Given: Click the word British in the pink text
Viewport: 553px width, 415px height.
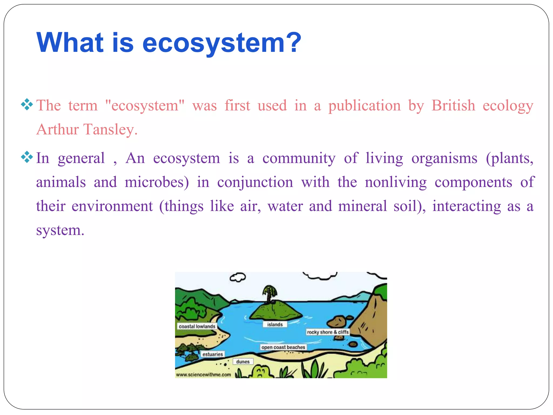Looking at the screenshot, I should coord(453,105).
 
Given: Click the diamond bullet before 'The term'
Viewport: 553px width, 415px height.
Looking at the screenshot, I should coord(27,105).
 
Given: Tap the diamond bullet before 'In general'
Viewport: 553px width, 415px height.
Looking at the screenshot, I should coord(27,157).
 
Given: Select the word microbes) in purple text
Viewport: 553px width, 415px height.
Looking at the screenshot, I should coord(157,182).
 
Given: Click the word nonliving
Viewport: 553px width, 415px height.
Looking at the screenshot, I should coord(396,182).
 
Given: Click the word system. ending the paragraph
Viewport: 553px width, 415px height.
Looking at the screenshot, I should coord(60,230).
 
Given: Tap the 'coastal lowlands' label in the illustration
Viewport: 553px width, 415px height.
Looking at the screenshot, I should coord(197,326).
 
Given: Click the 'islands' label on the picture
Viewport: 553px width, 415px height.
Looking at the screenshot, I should coord(275,324).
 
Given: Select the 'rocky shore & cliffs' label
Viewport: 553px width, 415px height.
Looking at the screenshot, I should coord(328,332).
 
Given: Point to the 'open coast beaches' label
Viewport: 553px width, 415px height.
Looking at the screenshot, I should coord(283,347).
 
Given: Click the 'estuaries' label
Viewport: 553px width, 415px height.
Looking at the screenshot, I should coord(213,354).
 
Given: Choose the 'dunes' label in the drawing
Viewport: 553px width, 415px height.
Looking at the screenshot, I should coord(243,362).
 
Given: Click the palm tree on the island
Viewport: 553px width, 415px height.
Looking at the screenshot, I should coord(269,293).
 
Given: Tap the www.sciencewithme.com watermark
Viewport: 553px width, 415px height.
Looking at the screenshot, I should coord(203,375).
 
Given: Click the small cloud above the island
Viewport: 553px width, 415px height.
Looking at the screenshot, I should coord(238,277).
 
